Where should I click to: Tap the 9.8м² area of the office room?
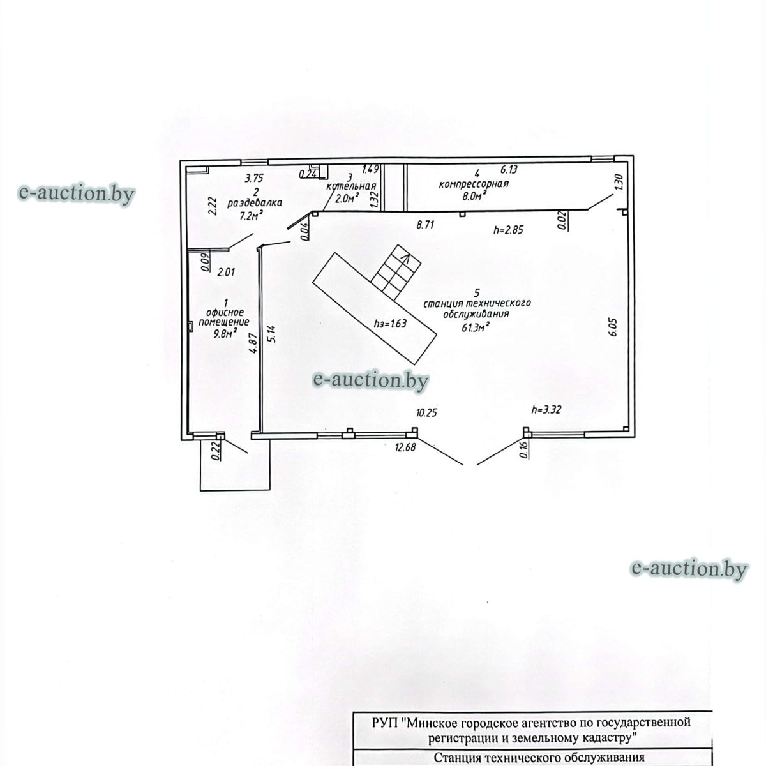click(225, 333)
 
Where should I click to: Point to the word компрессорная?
click(474, 184)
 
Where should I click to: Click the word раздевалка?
click(255, 203)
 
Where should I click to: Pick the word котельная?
click(350, 186)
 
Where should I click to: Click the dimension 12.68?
click(405, 447)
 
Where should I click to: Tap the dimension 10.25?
click(426, 412)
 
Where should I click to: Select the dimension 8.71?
click(425, 225)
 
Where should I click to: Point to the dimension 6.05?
click(612, 327)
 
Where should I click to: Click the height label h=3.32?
click(546, 409)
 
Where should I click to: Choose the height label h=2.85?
click(508, 229)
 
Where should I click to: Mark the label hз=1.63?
click(391, 323)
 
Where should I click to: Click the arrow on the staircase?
click(405, 261)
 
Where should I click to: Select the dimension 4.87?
click(255, 343)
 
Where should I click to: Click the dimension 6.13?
click(509, 169)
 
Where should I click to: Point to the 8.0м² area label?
click(475, 195)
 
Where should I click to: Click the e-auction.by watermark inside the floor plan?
click(370, 380)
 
